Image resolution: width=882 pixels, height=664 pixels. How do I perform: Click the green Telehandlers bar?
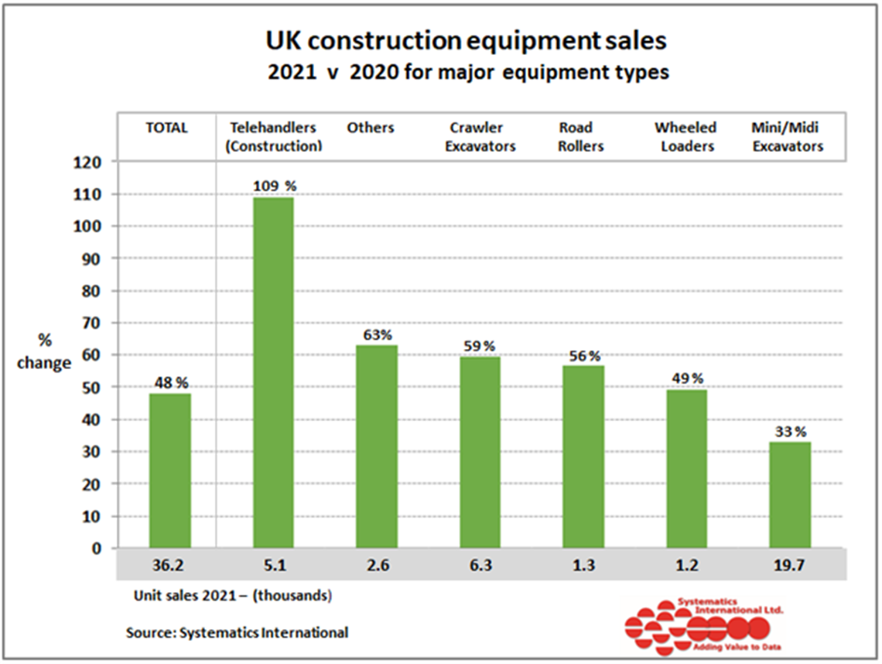(x=272, y=372)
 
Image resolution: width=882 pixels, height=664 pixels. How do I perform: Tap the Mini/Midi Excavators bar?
(x=790, y=495)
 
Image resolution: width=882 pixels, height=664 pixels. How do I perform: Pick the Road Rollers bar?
(x=583, y=457)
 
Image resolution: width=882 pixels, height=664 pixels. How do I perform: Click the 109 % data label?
(x=274, y=187)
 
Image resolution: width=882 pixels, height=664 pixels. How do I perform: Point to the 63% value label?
(x=377, y=335)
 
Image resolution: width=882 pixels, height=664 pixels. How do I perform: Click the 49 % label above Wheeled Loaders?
(x=686, y=378)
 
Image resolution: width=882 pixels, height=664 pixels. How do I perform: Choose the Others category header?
(x=371, y=128)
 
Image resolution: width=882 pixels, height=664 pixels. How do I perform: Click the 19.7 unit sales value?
(x=789, y=566)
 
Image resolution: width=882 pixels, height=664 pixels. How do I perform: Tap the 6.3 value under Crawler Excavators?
(x=480, y=566)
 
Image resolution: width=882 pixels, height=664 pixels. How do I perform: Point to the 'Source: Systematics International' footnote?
(x=237, y=632)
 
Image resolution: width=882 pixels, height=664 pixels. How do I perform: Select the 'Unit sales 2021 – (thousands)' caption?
(x=233, y=596)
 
